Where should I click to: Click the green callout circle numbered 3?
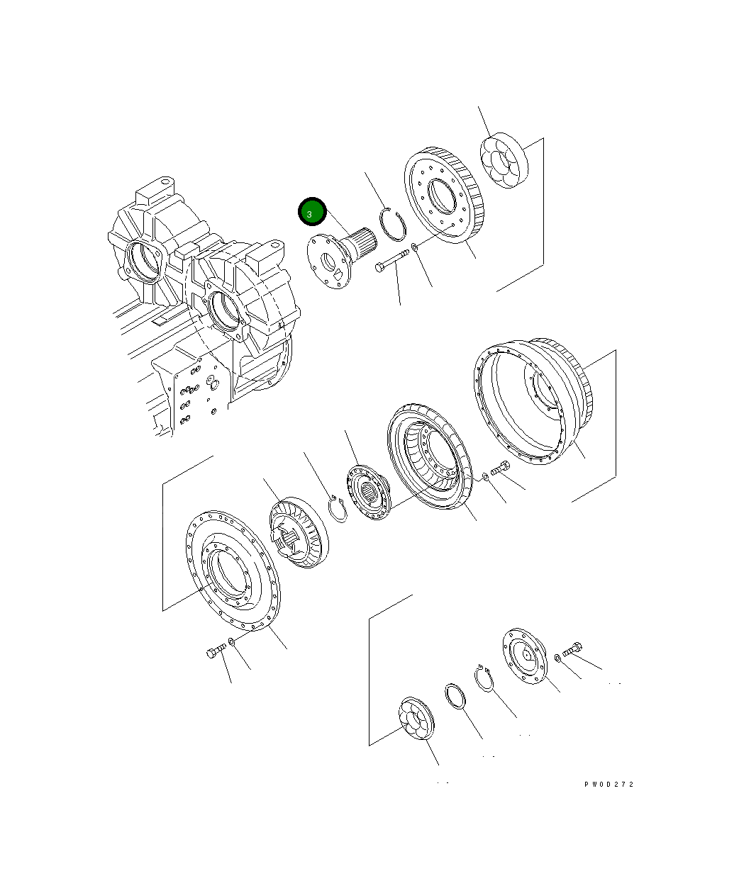point(312,212)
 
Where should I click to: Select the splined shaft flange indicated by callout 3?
point(341,257)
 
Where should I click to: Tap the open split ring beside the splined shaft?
point(392,224)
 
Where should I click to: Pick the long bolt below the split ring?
point(391,261)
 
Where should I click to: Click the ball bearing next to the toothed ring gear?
point(504,160)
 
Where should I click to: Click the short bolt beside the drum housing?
point(500,468)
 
